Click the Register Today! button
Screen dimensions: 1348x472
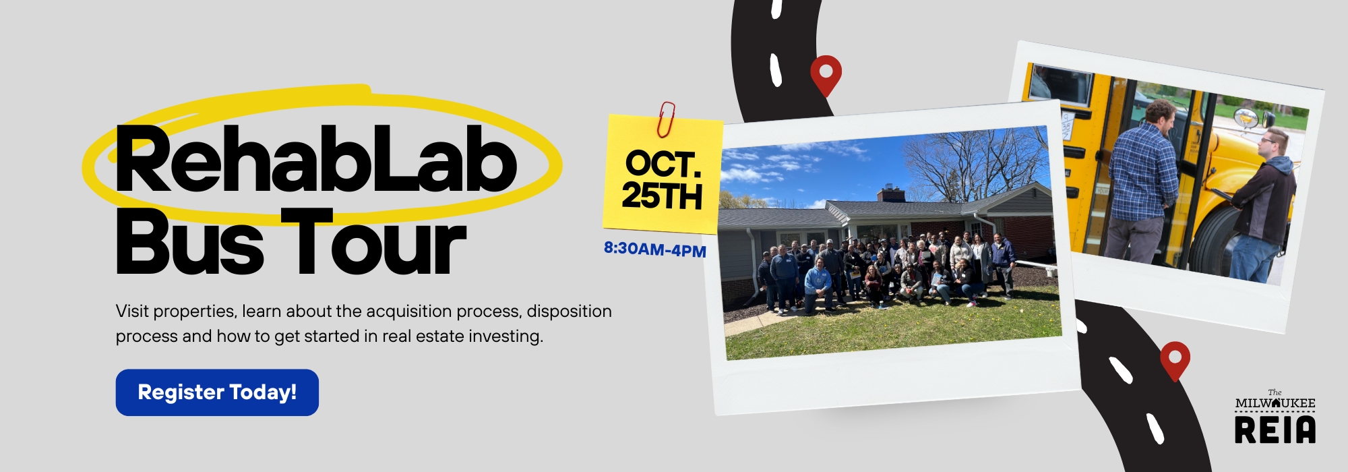217,392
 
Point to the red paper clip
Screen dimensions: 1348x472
666,119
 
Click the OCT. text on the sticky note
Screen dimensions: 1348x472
663,164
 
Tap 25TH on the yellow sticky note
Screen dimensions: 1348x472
662,196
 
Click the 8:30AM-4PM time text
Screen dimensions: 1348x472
655,249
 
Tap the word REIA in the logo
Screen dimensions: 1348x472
1275,430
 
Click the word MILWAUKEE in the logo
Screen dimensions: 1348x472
1275,403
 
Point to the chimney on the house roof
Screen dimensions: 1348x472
891,194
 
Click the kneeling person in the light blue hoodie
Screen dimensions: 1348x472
818,285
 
